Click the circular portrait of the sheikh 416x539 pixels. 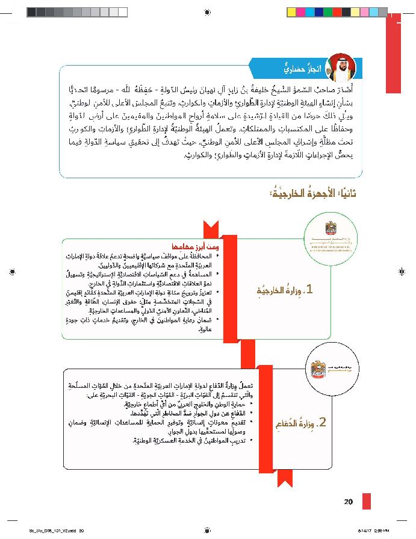(341, 67)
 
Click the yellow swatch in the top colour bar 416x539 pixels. (291, 11)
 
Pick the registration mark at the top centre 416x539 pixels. (208, 11)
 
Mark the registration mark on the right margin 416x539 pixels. (402, 272)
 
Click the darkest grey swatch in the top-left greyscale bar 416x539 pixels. (31, 11)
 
